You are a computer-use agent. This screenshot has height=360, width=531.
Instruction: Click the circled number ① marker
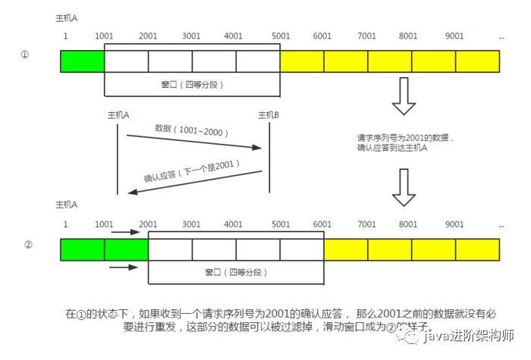point(25,56)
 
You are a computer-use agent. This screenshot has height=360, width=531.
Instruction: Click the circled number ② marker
point(28,245)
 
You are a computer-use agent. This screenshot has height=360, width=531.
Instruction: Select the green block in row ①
point(82,61)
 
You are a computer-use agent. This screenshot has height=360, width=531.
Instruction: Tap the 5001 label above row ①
point(280,36)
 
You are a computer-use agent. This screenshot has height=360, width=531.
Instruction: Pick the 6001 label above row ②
point(323,224)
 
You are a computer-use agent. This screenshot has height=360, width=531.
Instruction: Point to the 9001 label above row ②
point(454,224)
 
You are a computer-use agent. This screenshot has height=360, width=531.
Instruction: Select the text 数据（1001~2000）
point(192,131)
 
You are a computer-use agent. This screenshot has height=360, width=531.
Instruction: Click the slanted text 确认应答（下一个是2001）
point(193,171)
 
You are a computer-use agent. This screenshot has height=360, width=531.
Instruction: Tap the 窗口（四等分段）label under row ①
point(193,85)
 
